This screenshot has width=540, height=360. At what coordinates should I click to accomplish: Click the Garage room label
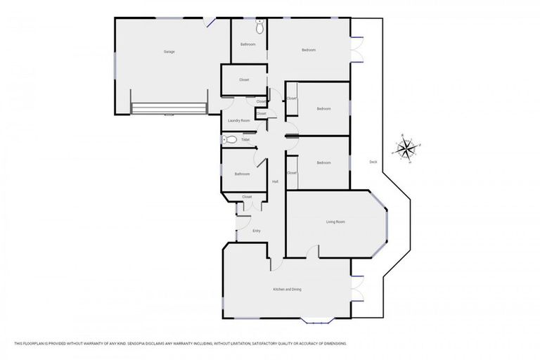click(x=169, y=51)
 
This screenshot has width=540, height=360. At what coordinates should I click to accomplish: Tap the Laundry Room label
click(x=238, y=121)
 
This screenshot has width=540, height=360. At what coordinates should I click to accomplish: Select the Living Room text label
click(x=335, y=222)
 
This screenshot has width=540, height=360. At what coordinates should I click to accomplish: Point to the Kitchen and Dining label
click(x=287, y=289)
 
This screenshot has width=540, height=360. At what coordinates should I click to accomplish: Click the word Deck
click(x=373, y=162)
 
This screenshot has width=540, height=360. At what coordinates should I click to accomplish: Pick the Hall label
click(x=275, y=182)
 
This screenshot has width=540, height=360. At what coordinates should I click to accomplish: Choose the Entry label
click(x=257, y=231)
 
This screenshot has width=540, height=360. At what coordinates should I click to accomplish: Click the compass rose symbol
click(x=406, y=148)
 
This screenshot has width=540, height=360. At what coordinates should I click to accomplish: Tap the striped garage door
click(x=169, y=108)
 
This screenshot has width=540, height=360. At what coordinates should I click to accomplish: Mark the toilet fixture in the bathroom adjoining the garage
click(x=259, y=28)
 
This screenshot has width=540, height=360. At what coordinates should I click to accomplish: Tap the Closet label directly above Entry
click(x=247, y=197)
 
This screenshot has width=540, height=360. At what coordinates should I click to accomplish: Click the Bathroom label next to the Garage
click(x=247, y=44)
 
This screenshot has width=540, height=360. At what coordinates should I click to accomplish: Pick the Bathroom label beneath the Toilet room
click(x=242, y=174)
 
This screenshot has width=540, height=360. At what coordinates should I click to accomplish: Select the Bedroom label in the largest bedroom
click(x=309, y=50)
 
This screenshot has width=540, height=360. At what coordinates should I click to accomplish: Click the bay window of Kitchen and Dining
click(x=317, y=321)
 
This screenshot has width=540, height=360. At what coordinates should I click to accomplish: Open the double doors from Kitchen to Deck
click(x=356, y=288)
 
